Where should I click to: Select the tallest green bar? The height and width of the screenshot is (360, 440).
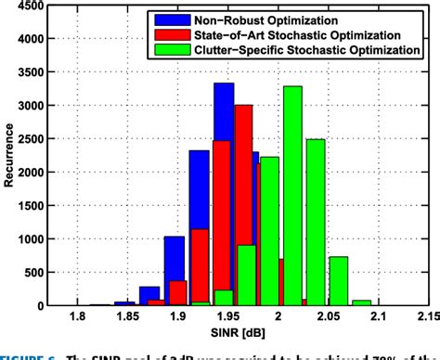pos(292,195)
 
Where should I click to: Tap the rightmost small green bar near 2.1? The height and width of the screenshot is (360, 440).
pos(361,302)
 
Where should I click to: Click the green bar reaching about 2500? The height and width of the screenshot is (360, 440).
pos(316,223)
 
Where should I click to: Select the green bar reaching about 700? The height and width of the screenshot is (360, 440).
pos(338,280)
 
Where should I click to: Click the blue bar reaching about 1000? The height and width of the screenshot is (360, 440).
pos(174,271)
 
